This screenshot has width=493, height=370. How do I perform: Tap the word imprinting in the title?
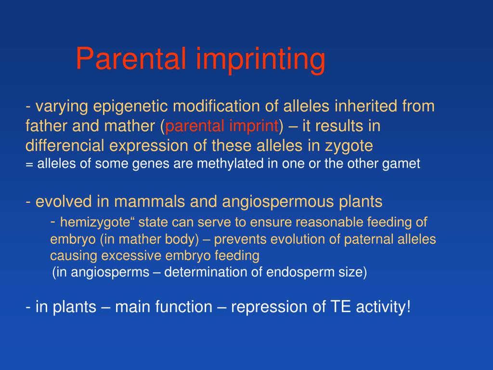[260, 60]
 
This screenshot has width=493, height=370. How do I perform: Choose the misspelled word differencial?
[65, 145]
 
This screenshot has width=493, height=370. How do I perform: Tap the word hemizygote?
[95, 223]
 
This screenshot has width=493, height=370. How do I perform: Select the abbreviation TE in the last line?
[340, 307]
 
